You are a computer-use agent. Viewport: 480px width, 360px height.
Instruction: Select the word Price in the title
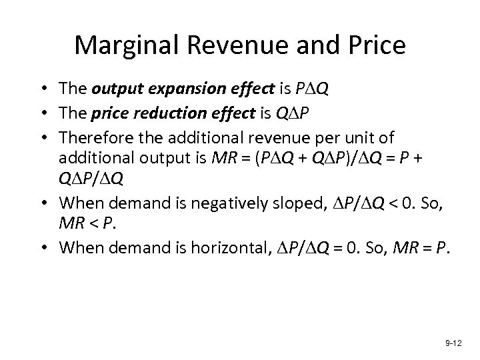click(372, 45)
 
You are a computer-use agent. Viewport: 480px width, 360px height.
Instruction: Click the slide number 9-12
click(453, 342)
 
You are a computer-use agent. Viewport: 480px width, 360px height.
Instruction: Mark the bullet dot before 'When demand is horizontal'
click(49, 248)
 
